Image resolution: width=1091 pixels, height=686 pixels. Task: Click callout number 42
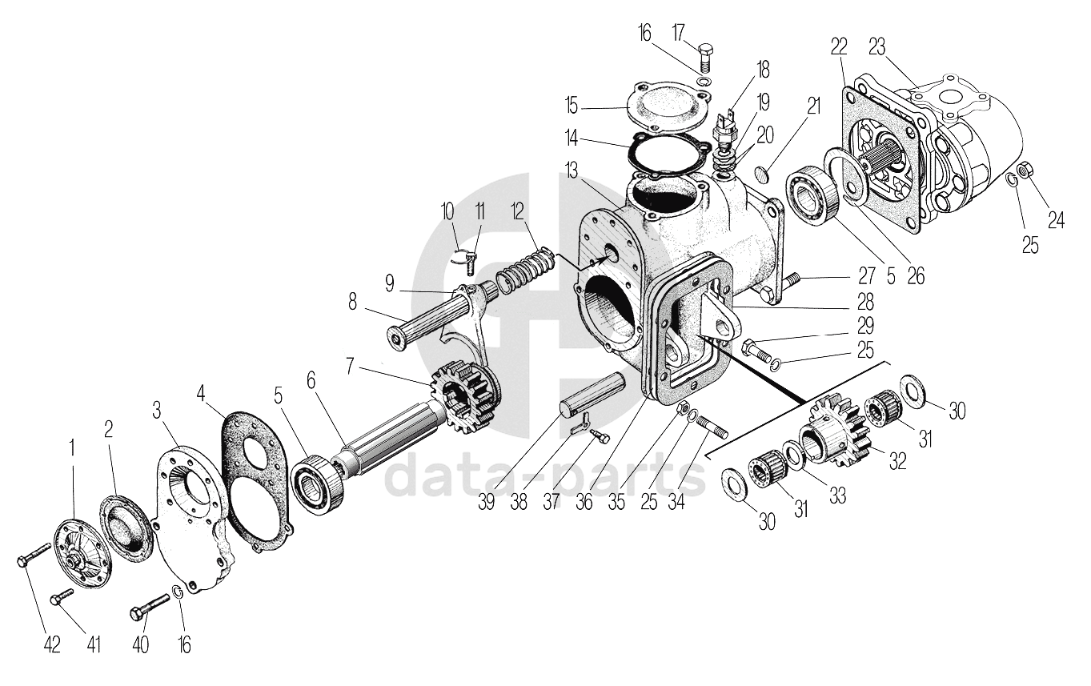(51, 644)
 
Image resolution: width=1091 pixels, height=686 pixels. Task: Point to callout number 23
(877, 46)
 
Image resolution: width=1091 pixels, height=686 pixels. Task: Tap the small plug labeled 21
(763, 172)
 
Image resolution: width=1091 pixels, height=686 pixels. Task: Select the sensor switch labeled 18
(725, 129)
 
